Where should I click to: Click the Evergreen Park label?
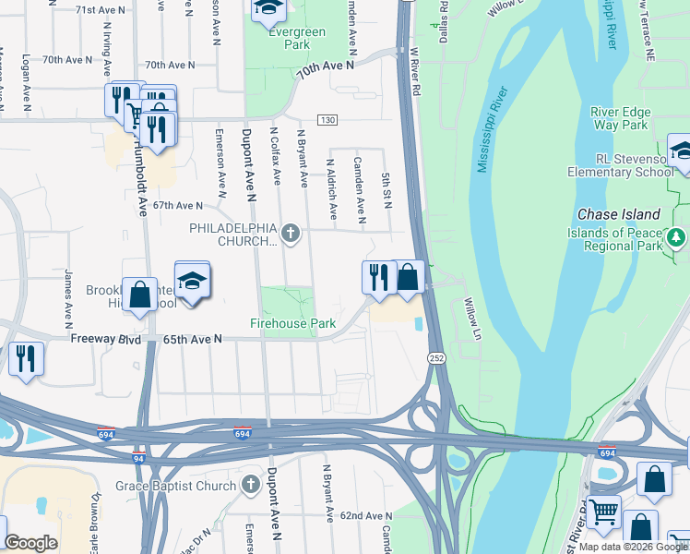coord(284,38)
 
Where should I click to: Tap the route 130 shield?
coord(327,120)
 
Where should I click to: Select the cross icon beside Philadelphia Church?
coord(291,233)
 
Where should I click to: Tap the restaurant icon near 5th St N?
coord(377,276)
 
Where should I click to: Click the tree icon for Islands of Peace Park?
coord(677,238)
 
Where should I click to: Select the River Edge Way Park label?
coord(620,118)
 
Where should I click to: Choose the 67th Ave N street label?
coord(177,205)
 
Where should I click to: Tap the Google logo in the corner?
coord(30,543)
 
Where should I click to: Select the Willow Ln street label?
coord(472,317)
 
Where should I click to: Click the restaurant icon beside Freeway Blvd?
coord(26,356)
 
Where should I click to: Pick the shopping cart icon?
coord(602,510)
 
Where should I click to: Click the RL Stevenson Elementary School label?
coord(620,165)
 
